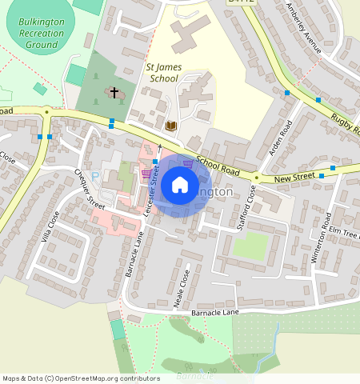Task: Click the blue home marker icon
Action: (180, 186)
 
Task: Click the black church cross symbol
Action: (114, 94)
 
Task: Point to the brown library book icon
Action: (170, 126)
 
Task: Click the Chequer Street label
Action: (90, 185)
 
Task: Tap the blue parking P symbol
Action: (96, 174)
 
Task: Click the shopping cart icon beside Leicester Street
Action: (146, 173)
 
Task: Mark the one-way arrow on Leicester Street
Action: (159, 148)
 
